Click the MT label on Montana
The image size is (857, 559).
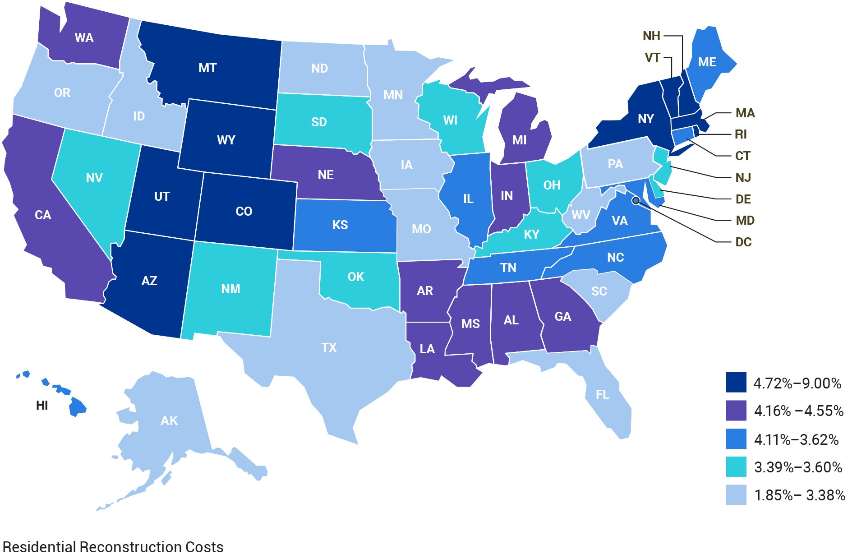207,68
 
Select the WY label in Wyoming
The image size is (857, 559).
226,140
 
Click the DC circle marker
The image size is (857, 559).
636,200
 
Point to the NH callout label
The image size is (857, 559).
651,36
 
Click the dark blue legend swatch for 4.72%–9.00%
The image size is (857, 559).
736,383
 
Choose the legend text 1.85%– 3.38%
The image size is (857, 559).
799,495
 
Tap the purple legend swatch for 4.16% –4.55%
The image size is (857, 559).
736,411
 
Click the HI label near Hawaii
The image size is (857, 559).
42,406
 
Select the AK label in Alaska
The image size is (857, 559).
169,421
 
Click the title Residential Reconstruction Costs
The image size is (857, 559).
113,547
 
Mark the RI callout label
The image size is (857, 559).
741,134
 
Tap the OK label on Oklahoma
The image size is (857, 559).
355,277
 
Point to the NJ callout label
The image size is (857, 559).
743,178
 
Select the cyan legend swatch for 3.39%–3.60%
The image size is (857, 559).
736,467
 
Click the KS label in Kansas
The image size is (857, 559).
340,225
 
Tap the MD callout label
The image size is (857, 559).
745,221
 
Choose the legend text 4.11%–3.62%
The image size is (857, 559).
796,439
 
